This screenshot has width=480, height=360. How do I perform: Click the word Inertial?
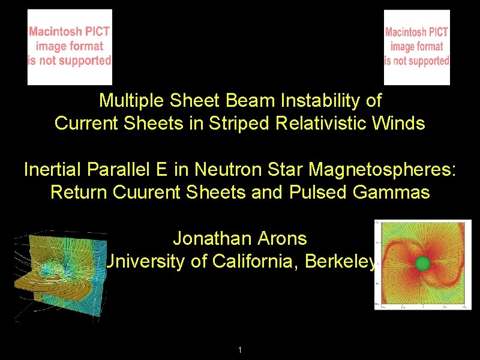click(53, 170)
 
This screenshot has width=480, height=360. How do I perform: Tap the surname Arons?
click(279, 238)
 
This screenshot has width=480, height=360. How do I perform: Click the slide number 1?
click(240, 350)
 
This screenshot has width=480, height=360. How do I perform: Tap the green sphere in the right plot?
click(423, 263)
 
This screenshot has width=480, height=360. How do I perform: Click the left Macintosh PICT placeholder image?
click(70, 47)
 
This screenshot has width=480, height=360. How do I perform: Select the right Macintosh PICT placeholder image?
click(417, 47)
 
